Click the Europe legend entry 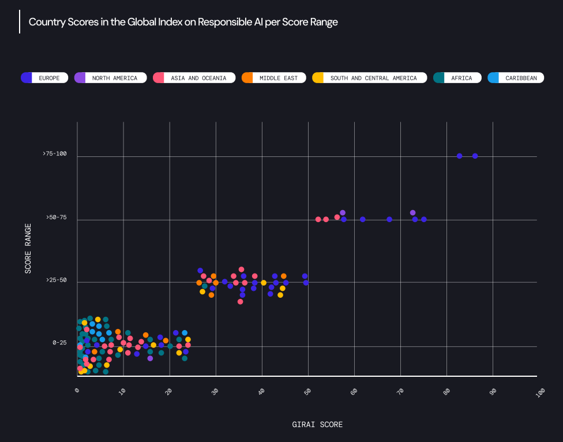(x=44, y=78)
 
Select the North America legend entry (x=110, y=78)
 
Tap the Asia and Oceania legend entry (x=194, y=78)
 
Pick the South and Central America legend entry (x=369, y=78)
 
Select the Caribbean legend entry (x=516, y=78)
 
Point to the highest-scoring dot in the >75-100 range (x=475, y=156)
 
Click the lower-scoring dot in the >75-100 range (x=459, y=156)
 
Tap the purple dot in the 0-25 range (x=150, y=358)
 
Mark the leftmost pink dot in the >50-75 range (x=318, y=219)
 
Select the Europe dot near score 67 (x=389, y=219)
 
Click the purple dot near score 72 (x=412, y=213)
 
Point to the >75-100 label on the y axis (x=55, y=154)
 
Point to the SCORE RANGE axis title (x=28, y=248)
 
